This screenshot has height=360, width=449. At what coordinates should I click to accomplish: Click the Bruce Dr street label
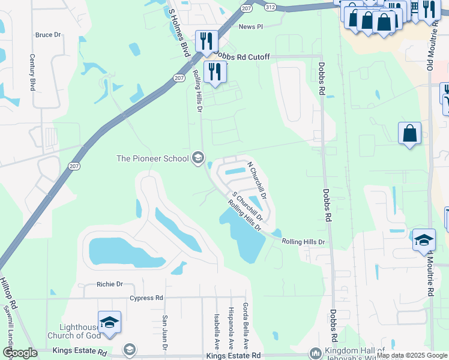tap(49, 35)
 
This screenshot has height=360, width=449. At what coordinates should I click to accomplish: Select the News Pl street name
tap(251, 27)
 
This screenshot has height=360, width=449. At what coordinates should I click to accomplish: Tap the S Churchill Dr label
tap(247, 205)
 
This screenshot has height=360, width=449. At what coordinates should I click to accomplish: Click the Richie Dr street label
tap(109, 284)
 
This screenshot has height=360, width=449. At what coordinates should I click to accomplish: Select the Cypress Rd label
tap(146, 298)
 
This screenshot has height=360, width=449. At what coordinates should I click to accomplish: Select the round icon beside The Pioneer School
tap(197, 158)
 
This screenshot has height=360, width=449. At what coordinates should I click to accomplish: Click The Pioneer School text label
tap(152, 158)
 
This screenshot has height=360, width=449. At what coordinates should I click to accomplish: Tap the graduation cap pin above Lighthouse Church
tap(109, 323)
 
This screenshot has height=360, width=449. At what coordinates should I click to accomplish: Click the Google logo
tap(20, 353)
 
